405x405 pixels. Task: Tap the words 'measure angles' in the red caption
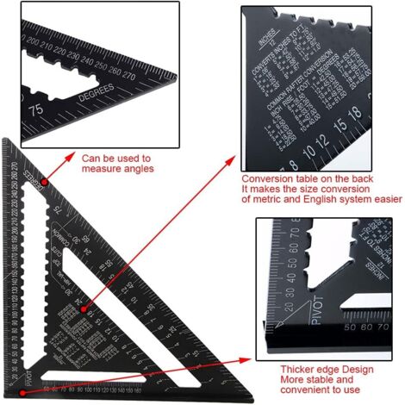point(117,170)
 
